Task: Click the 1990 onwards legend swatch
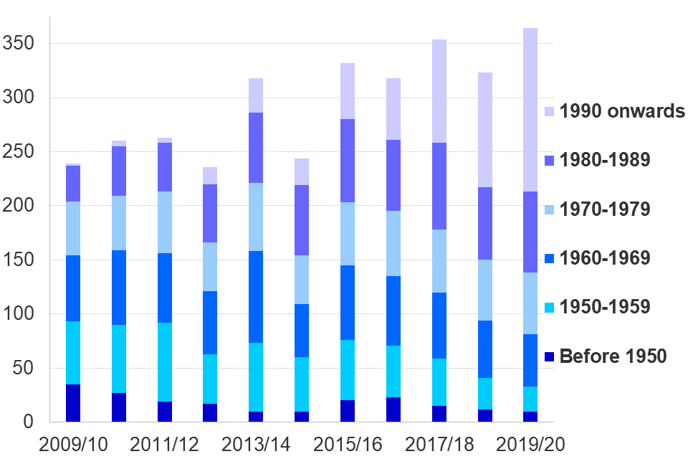(x=550, y=112)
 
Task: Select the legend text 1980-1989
(x=605, y=160)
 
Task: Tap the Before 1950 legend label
(x=613, y=356)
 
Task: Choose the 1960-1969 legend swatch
(x=550, y=258)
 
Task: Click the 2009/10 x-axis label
(x=73, y=444)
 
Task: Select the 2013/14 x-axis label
(x=256, y=444)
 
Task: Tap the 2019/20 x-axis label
(x=530, y=444)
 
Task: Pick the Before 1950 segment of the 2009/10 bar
(x=73, y=403)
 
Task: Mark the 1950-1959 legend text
(x=605, y=307)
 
